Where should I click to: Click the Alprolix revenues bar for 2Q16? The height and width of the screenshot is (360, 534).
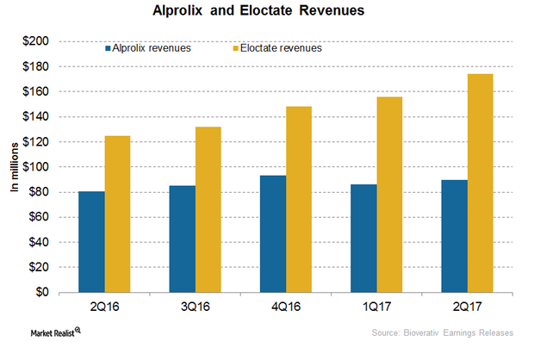click(x=91, y=241)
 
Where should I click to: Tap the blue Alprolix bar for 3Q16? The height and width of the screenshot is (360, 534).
click(x=182, y=239)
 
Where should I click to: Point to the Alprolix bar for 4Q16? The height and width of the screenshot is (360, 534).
click(x=273, y=233)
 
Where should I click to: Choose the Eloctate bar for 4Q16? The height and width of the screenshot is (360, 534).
click(x=300, y=199)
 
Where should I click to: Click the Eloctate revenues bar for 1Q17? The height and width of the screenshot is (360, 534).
click(x=390, y=195)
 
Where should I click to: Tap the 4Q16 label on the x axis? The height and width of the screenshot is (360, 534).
click(x=286, y=306)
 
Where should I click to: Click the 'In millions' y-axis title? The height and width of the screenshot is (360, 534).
click(x=15, y=167)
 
